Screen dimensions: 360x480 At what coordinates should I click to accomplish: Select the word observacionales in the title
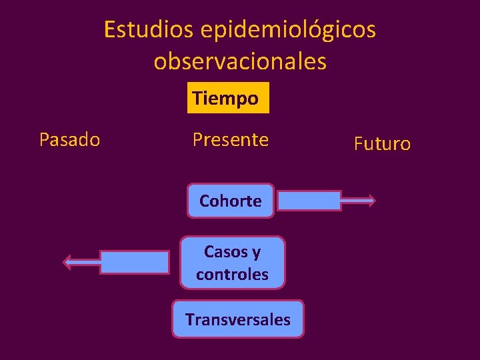[240, 61]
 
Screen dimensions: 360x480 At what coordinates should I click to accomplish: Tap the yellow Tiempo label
[226, 99]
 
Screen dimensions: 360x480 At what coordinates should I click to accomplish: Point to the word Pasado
[69, 140]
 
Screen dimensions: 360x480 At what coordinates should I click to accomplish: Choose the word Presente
[230, 140]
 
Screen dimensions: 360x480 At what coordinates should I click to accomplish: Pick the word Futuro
[382, 143]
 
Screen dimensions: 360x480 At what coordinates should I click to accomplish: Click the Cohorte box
[230, 201]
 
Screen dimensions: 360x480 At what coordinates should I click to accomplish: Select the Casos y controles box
[232, 263]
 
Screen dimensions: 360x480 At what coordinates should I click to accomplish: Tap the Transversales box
[237, 319]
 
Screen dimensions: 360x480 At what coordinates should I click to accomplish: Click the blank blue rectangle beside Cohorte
[309, 200]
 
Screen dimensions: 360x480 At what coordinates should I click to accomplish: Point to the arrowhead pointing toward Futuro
[371, 200]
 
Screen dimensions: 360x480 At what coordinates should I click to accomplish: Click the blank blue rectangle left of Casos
[134, 262]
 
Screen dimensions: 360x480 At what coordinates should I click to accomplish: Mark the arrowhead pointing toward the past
[67, 262]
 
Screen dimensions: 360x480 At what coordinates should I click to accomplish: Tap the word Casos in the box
[224, 252]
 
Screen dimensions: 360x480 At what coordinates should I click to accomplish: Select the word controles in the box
[232, 274]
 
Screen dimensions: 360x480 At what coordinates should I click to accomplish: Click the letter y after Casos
[256, 253]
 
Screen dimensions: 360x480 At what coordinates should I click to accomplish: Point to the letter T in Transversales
[190, 319]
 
